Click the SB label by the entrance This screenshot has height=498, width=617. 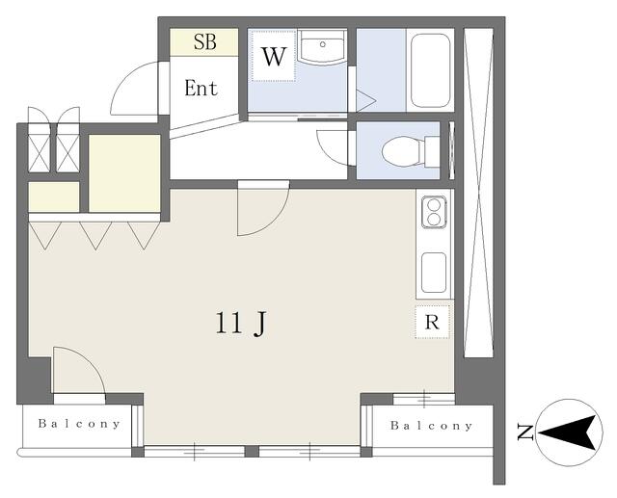(x=204, y=41)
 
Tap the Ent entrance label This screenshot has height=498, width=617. (x=201, y=88)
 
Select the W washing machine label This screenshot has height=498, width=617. (x=274, y=57)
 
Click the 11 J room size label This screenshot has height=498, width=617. (x=241, y=323)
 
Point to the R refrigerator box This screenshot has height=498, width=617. (x=432, y=323)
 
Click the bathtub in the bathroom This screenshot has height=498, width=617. (x=430, y=70)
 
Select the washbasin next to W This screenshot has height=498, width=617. (x=322, y=47)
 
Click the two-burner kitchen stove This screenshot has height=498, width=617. (x=434, y=212)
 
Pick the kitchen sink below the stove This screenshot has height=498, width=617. (x=434, y=273)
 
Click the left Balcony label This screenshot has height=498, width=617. (x=79, y=424)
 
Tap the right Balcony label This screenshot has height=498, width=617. (x=431, y=426)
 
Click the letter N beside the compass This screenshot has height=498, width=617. (x=525, y=432)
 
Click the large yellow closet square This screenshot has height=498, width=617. (x=124, y=173)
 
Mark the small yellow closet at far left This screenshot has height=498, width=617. (x=54, y=197)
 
